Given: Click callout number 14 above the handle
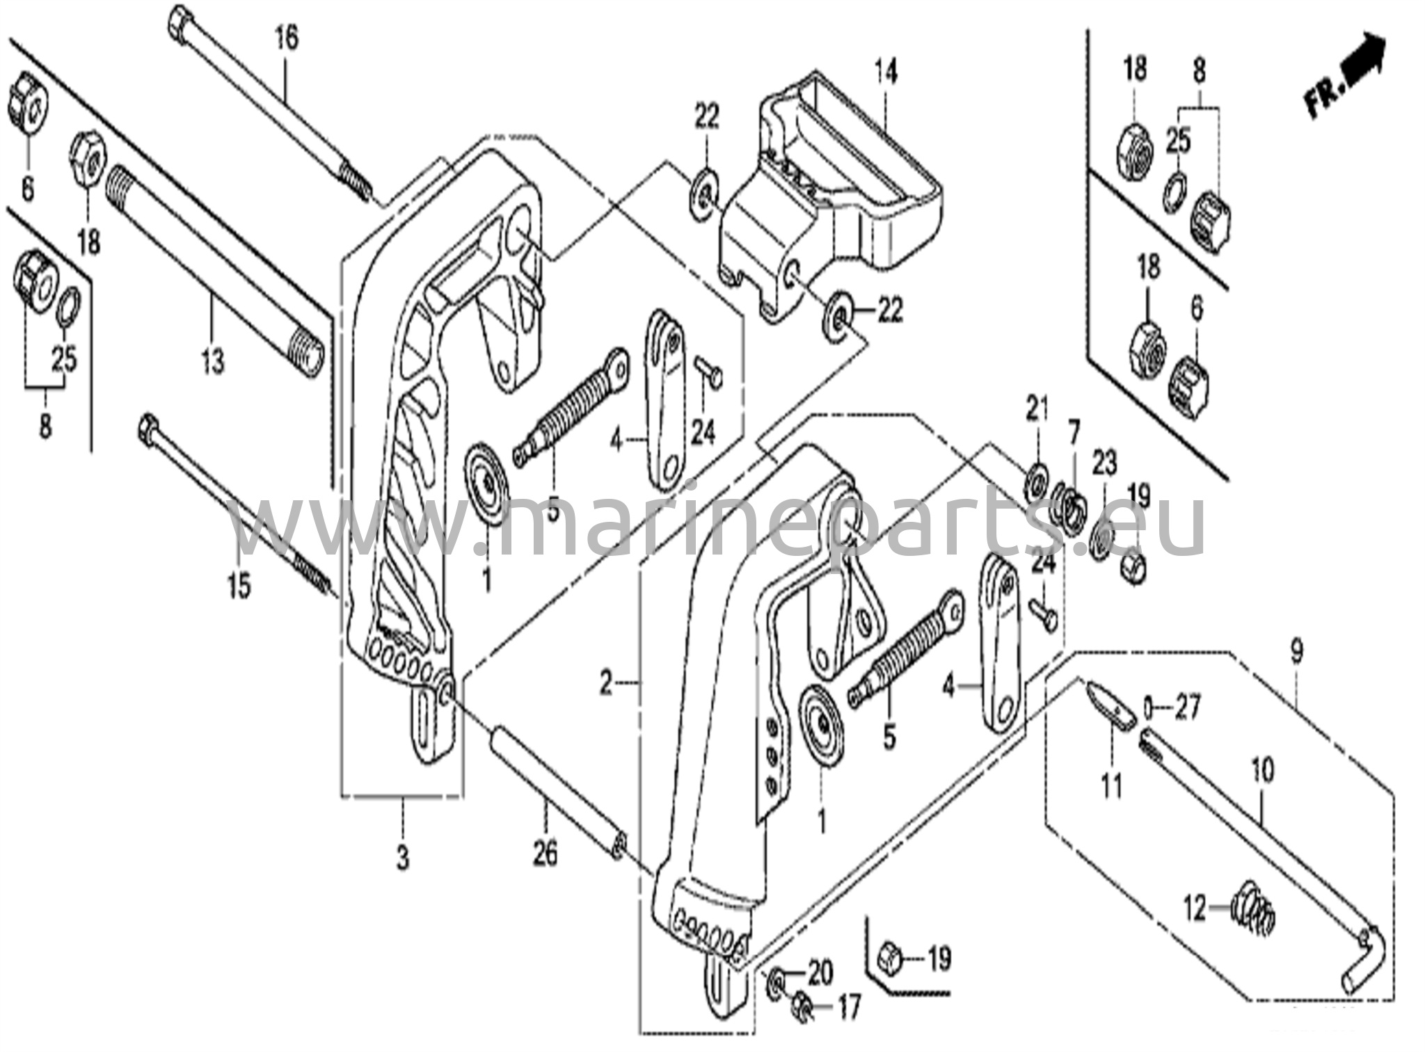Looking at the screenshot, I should point(886,72).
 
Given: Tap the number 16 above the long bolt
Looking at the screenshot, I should point(286,38).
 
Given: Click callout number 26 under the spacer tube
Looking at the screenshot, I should point(546,853).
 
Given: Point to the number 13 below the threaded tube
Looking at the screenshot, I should point(213,361).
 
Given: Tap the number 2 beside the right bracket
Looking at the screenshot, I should point(607,684).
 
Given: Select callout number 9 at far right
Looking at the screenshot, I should point(1296,652).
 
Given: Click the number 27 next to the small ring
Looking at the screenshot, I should point(1187,709).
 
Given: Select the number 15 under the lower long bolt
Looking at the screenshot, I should point(238,587).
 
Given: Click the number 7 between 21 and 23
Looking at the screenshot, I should point(1073,436).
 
